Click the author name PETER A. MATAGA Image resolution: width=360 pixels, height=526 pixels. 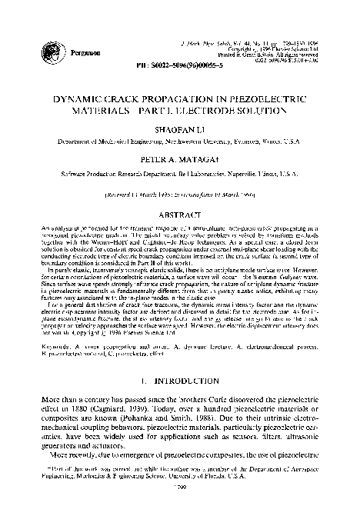click(x=179, y=142)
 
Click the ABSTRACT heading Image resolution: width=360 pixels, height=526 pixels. click(x=180, y=192)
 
